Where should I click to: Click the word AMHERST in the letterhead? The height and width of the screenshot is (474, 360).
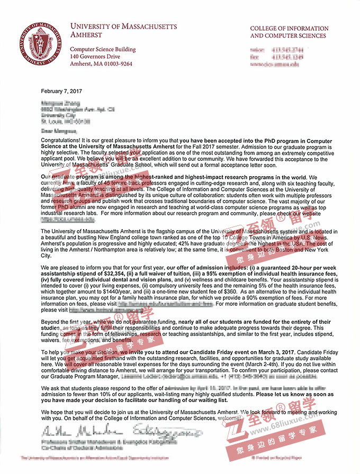87,35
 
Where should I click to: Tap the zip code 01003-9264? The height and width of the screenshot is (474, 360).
115,63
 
